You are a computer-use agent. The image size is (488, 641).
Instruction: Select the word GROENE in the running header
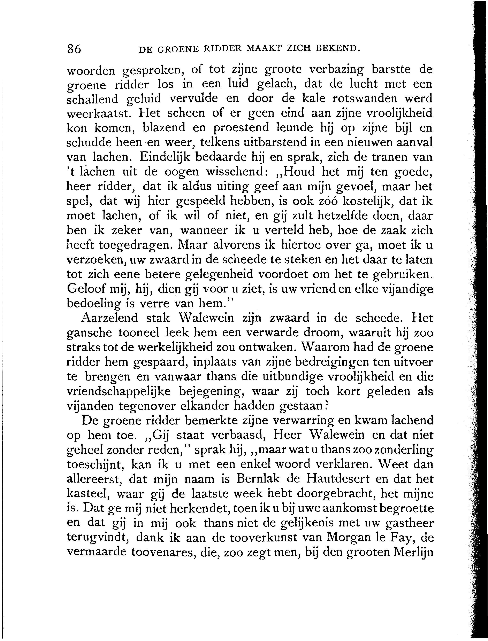point(178,49)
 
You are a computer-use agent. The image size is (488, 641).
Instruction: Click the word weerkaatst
point(98,113)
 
